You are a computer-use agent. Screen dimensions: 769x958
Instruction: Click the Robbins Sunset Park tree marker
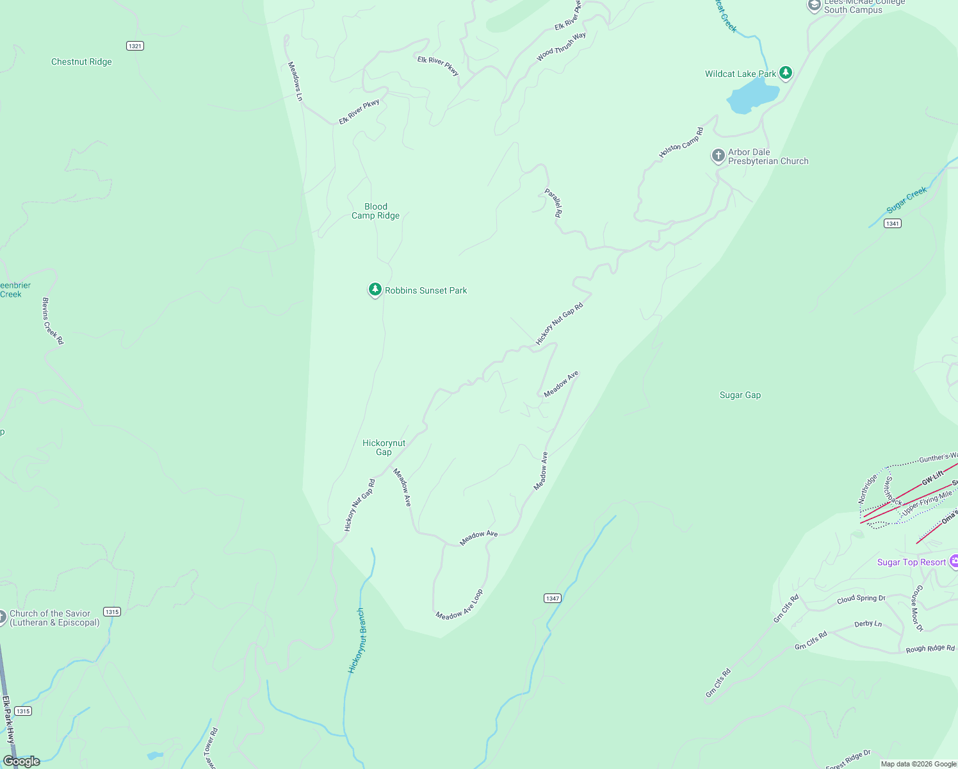[x=375, y=290]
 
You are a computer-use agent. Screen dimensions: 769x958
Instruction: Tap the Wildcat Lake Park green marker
[x=786, y=72]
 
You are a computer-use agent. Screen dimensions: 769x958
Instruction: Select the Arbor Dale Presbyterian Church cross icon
[x=718, y=156]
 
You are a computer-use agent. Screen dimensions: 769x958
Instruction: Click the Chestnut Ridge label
[x=81, y=62]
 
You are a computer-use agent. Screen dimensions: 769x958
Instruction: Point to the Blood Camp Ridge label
[x=376, y=211]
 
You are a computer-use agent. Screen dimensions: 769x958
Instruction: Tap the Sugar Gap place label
[x=740, y=395]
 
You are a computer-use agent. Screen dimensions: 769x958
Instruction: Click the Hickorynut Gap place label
[x=384, y=447]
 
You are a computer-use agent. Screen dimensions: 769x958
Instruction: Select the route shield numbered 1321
[x=135, y=46]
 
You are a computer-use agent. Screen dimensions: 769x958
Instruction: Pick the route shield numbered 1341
[x=893, y=224]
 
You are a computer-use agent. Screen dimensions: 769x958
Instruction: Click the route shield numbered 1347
[x=553, y=599]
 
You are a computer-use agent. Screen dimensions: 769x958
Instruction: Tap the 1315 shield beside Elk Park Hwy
[x=23, y=711]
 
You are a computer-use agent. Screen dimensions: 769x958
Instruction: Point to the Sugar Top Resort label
[x=911, y=563]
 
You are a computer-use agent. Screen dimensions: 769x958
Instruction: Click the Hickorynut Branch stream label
[x=357, y=640]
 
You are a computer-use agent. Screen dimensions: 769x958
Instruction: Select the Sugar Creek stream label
[x=907, y=200]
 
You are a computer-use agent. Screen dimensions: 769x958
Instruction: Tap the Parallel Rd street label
[x=553, y=203]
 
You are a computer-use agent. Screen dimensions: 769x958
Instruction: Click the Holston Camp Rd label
[x=681, y=143]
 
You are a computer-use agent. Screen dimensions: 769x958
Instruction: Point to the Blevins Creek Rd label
[x=53, y=321]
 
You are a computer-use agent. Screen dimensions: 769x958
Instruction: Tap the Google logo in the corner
[x=22, y=761]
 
